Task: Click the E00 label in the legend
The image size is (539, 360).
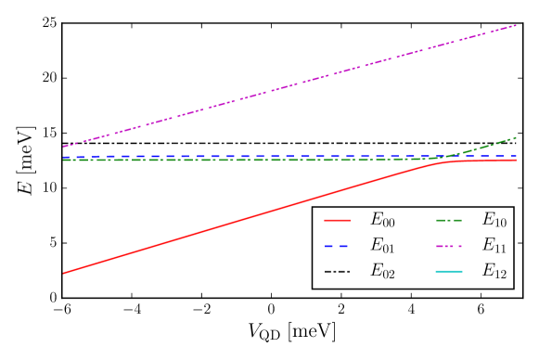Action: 382,220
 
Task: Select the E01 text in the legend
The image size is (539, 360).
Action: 382,245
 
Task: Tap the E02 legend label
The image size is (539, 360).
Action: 382,270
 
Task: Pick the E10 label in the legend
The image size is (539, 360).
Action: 494,220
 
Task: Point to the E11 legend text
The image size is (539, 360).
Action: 494,245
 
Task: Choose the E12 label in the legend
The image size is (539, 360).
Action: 494,270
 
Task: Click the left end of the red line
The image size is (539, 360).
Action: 63,273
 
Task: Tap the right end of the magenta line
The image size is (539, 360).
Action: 516,25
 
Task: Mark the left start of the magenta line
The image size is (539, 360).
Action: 63,147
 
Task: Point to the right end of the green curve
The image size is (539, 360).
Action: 516,137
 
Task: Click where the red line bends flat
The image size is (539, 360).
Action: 443,161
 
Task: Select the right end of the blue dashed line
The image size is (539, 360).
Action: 516,157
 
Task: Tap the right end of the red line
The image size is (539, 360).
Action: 516,161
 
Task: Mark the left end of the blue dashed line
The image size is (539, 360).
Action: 63,157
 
